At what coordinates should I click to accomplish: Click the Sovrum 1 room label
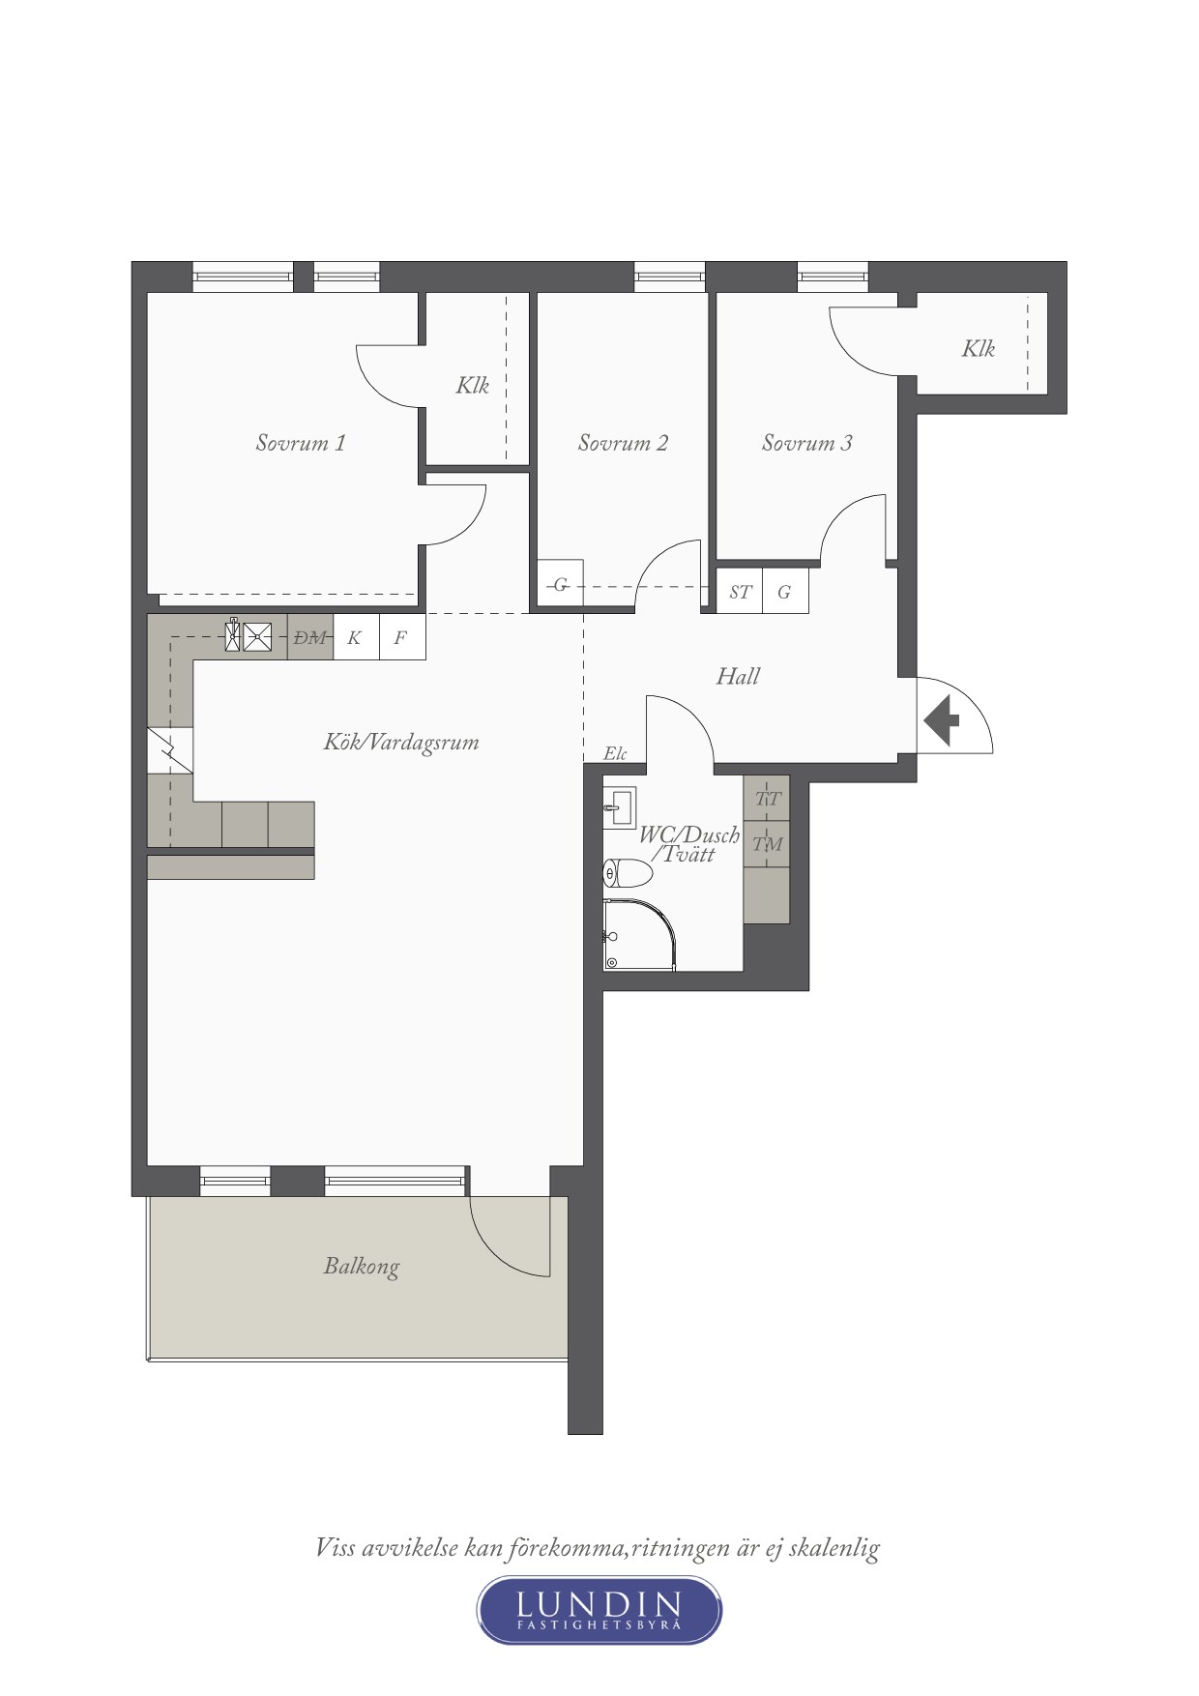(300, 443)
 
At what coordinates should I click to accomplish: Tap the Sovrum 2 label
(623, 443)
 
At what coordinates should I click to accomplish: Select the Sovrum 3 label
(806, 443)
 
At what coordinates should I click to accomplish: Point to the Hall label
(738, 676)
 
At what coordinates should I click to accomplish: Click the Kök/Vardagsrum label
(401, 742)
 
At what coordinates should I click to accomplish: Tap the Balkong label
(361, 1267)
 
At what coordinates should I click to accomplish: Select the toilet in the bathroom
(628, 873)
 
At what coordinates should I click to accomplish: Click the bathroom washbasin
(619, 807)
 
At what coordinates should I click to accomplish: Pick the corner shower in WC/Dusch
(638, 935)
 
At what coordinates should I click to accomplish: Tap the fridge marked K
(356, 637)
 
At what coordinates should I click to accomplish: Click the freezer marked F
(402, 637)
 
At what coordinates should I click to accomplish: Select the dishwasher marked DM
(310, 637)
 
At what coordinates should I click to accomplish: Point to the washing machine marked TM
(767, 845)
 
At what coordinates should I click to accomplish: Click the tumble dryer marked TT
(767, 799)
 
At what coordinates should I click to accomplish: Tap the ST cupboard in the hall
(740, 591)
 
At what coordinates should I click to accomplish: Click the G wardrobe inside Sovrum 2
(560, 584)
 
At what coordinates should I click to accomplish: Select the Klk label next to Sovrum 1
(473, 386)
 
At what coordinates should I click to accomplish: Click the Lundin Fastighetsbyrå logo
(599, 1610)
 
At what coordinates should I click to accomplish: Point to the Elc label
(615, 753)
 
